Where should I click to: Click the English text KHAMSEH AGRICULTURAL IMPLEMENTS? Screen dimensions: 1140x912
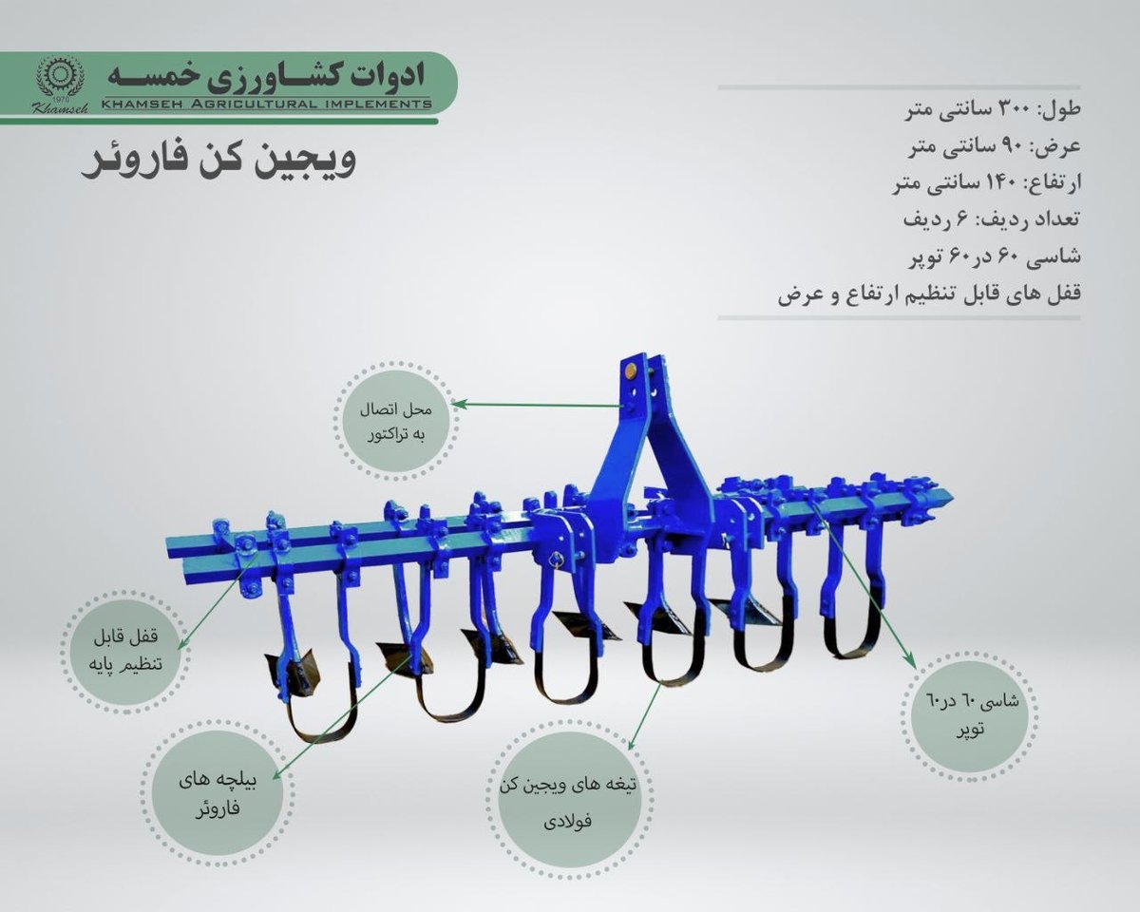(266, 104)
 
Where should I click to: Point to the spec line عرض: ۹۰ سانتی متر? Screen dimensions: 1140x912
(994, 147)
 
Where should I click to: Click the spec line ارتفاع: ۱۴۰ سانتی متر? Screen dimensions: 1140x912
(986, 183)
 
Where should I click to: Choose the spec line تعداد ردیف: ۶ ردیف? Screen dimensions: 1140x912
(991, 219)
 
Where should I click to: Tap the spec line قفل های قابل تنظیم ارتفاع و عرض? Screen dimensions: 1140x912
(929, 293)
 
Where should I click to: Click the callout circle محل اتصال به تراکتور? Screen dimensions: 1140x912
(396, 421)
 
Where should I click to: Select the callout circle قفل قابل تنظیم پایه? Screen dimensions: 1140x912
(126, 651)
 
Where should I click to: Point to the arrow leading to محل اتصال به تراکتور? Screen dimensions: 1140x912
(539, 405)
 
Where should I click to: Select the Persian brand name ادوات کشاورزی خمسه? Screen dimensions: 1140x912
(265, 76)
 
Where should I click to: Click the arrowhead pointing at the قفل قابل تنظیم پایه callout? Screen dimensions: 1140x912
(180, 644)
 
